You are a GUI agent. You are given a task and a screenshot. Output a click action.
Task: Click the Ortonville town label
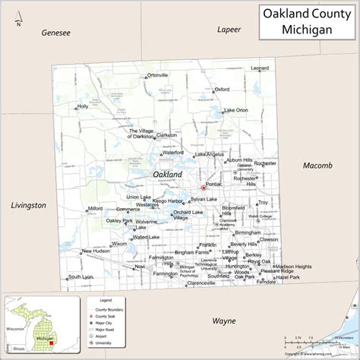(157, 75)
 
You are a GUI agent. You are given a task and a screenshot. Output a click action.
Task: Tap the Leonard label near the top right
(261, 69)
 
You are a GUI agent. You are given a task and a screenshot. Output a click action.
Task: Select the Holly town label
(83, 106)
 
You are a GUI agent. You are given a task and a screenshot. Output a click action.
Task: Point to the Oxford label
(222, 89)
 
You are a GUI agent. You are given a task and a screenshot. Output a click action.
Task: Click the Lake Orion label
(235, 110)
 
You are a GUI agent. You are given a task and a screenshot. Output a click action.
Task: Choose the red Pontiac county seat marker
(202, 188)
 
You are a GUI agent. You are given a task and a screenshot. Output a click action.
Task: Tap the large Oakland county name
(167, 175)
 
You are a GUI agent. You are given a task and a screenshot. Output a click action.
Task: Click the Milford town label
(95, 207)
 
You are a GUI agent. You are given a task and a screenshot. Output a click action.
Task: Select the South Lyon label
(81, 276)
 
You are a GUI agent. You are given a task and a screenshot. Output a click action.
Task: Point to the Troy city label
(263, 203)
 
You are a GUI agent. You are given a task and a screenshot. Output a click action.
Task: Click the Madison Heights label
(293, 267)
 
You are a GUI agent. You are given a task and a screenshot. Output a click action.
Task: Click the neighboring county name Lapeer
(229, 30)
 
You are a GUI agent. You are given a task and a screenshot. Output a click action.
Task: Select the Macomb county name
(317, 166)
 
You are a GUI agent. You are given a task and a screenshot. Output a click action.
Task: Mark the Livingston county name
(29, 205)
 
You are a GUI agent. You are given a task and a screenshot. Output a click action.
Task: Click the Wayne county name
(223, 321)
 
